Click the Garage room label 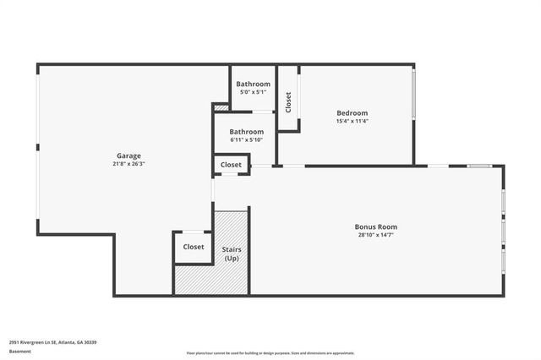point(128,155)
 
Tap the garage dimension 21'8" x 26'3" point(128,164)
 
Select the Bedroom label point(352,112)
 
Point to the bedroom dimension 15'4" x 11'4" point(352,121)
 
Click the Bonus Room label point(375,226)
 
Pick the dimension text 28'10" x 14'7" point(375,235)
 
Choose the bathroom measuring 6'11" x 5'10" point(246,136)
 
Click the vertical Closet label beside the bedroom point(288,102)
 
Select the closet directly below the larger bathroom point(231,165)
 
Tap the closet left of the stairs point(194,247)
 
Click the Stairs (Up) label point(231,254)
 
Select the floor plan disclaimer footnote point(270,353)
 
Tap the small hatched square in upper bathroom point(221,107)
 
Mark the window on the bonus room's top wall point(480,166)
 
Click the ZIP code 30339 point(90,341)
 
